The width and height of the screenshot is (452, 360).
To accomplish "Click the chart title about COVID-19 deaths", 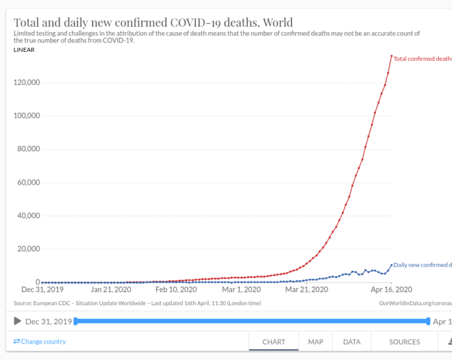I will tap(153, 23).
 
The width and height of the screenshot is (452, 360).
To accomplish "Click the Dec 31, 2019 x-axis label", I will tap(42, 289).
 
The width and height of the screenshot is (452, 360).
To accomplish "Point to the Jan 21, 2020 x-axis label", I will tap(111, 289).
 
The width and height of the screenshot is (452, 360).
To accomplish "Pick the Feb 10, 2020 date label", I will tap(176, 289).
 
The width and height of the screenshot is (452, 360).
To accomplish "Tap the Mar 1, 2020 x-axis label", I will tap(242, 289).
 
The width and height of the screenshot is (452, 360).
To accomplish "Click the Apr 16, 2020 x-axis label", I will tap(392, 289).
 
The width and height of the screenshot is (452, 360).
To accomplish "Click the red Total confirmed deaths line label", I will tap(423, 59).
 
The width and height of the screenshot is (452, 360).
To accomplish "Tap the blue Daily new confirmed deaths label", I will tap(423, 265).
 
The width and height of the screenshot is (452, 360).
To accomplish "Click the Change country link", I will tap(40, 342).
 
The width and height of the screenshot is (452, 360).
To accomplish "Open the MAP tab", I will tap(316, 342).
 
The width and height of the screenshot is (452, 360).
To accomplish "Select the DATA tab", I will tap(352, 342).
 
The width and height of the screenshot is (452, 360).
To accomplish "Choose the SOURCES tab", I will tap(404, 342).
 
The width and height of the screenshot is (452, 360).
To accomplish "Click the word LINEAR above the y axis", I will tap(24, 50).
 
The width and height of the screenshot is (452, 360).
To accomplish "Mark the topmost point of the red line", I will tap(392, 56).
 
